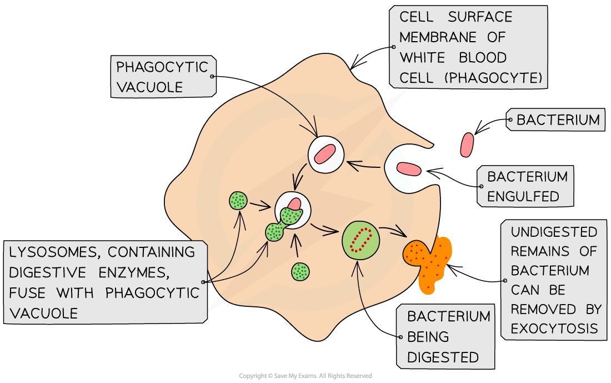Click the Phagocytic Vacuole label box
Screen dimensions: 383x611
pos(162,77)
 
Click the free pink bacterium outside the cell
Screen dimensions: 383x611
pos(468,144)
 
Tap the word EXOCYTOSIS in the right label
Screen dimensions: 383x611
pos(554,329)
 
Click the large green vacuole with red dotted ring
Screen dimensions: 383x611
pos(361,240)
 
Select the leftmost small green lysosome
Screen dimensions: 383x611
pos(239,200)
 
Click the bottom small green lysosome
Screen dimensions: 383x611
pos(301,271)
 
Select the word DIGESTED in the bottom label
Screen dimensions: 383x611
pos(442,357)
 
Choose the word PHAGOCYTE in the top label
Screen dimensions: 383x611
pos(498,78)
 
